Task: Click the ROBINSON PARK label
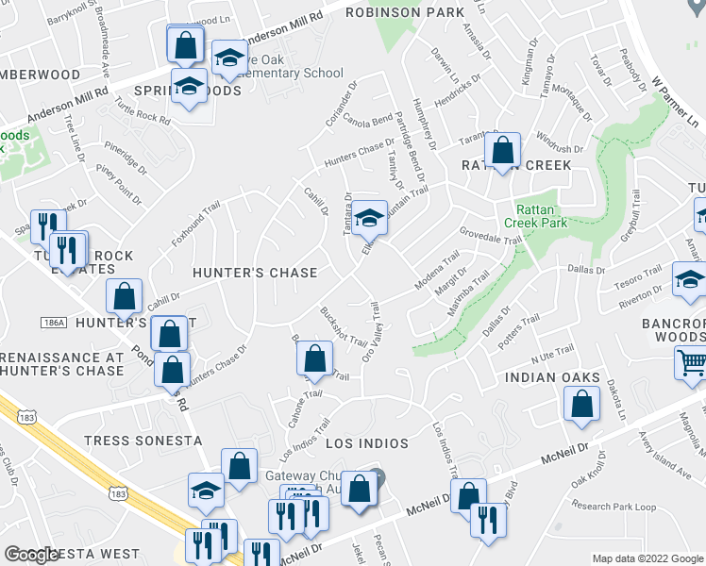click(405, 12)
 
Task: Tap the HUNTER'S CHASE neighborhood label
click(255, 273)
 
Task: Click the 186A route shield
click(55, 323)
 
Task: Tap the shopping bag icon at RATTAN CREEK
click(503, 149)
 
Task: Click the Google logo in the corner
click(32, 555)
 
